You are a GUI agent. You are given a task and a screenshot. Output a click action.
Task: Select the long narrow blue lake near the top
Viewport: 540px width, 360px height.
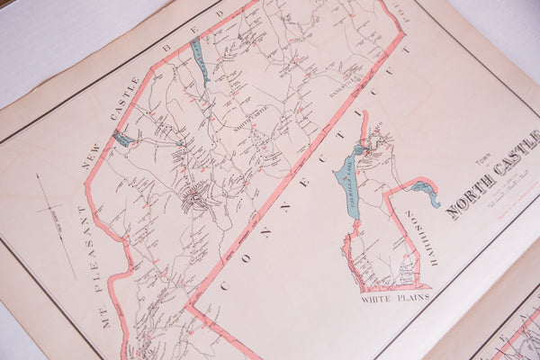click(199, 59)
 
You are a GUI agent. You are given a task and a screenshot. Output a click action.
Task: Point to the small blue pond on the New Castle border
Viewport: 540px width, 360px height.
click(121, 139)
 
